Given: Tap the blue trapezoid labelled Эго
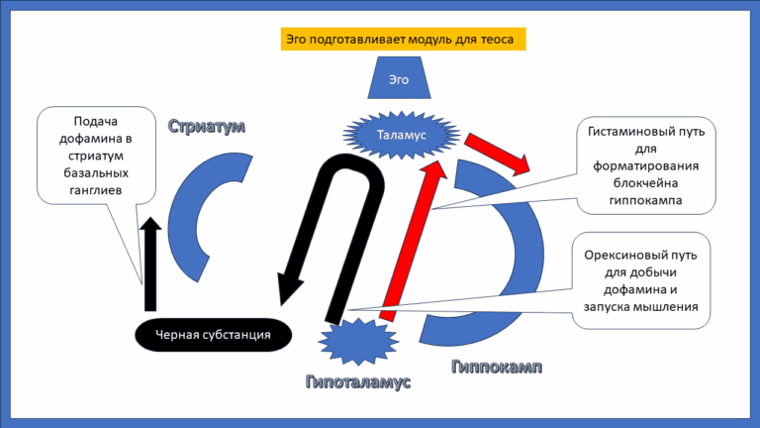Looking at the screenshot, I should click(396, 78).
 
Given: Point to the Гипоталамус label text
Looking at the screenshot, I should click(357, 381).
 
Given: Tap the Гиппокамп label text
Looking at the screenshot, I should click(497, 368).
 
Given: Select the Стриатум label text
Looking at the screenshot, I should click(206, 127).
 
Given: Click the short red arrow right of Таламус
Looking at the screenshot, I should click(501, 148).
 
